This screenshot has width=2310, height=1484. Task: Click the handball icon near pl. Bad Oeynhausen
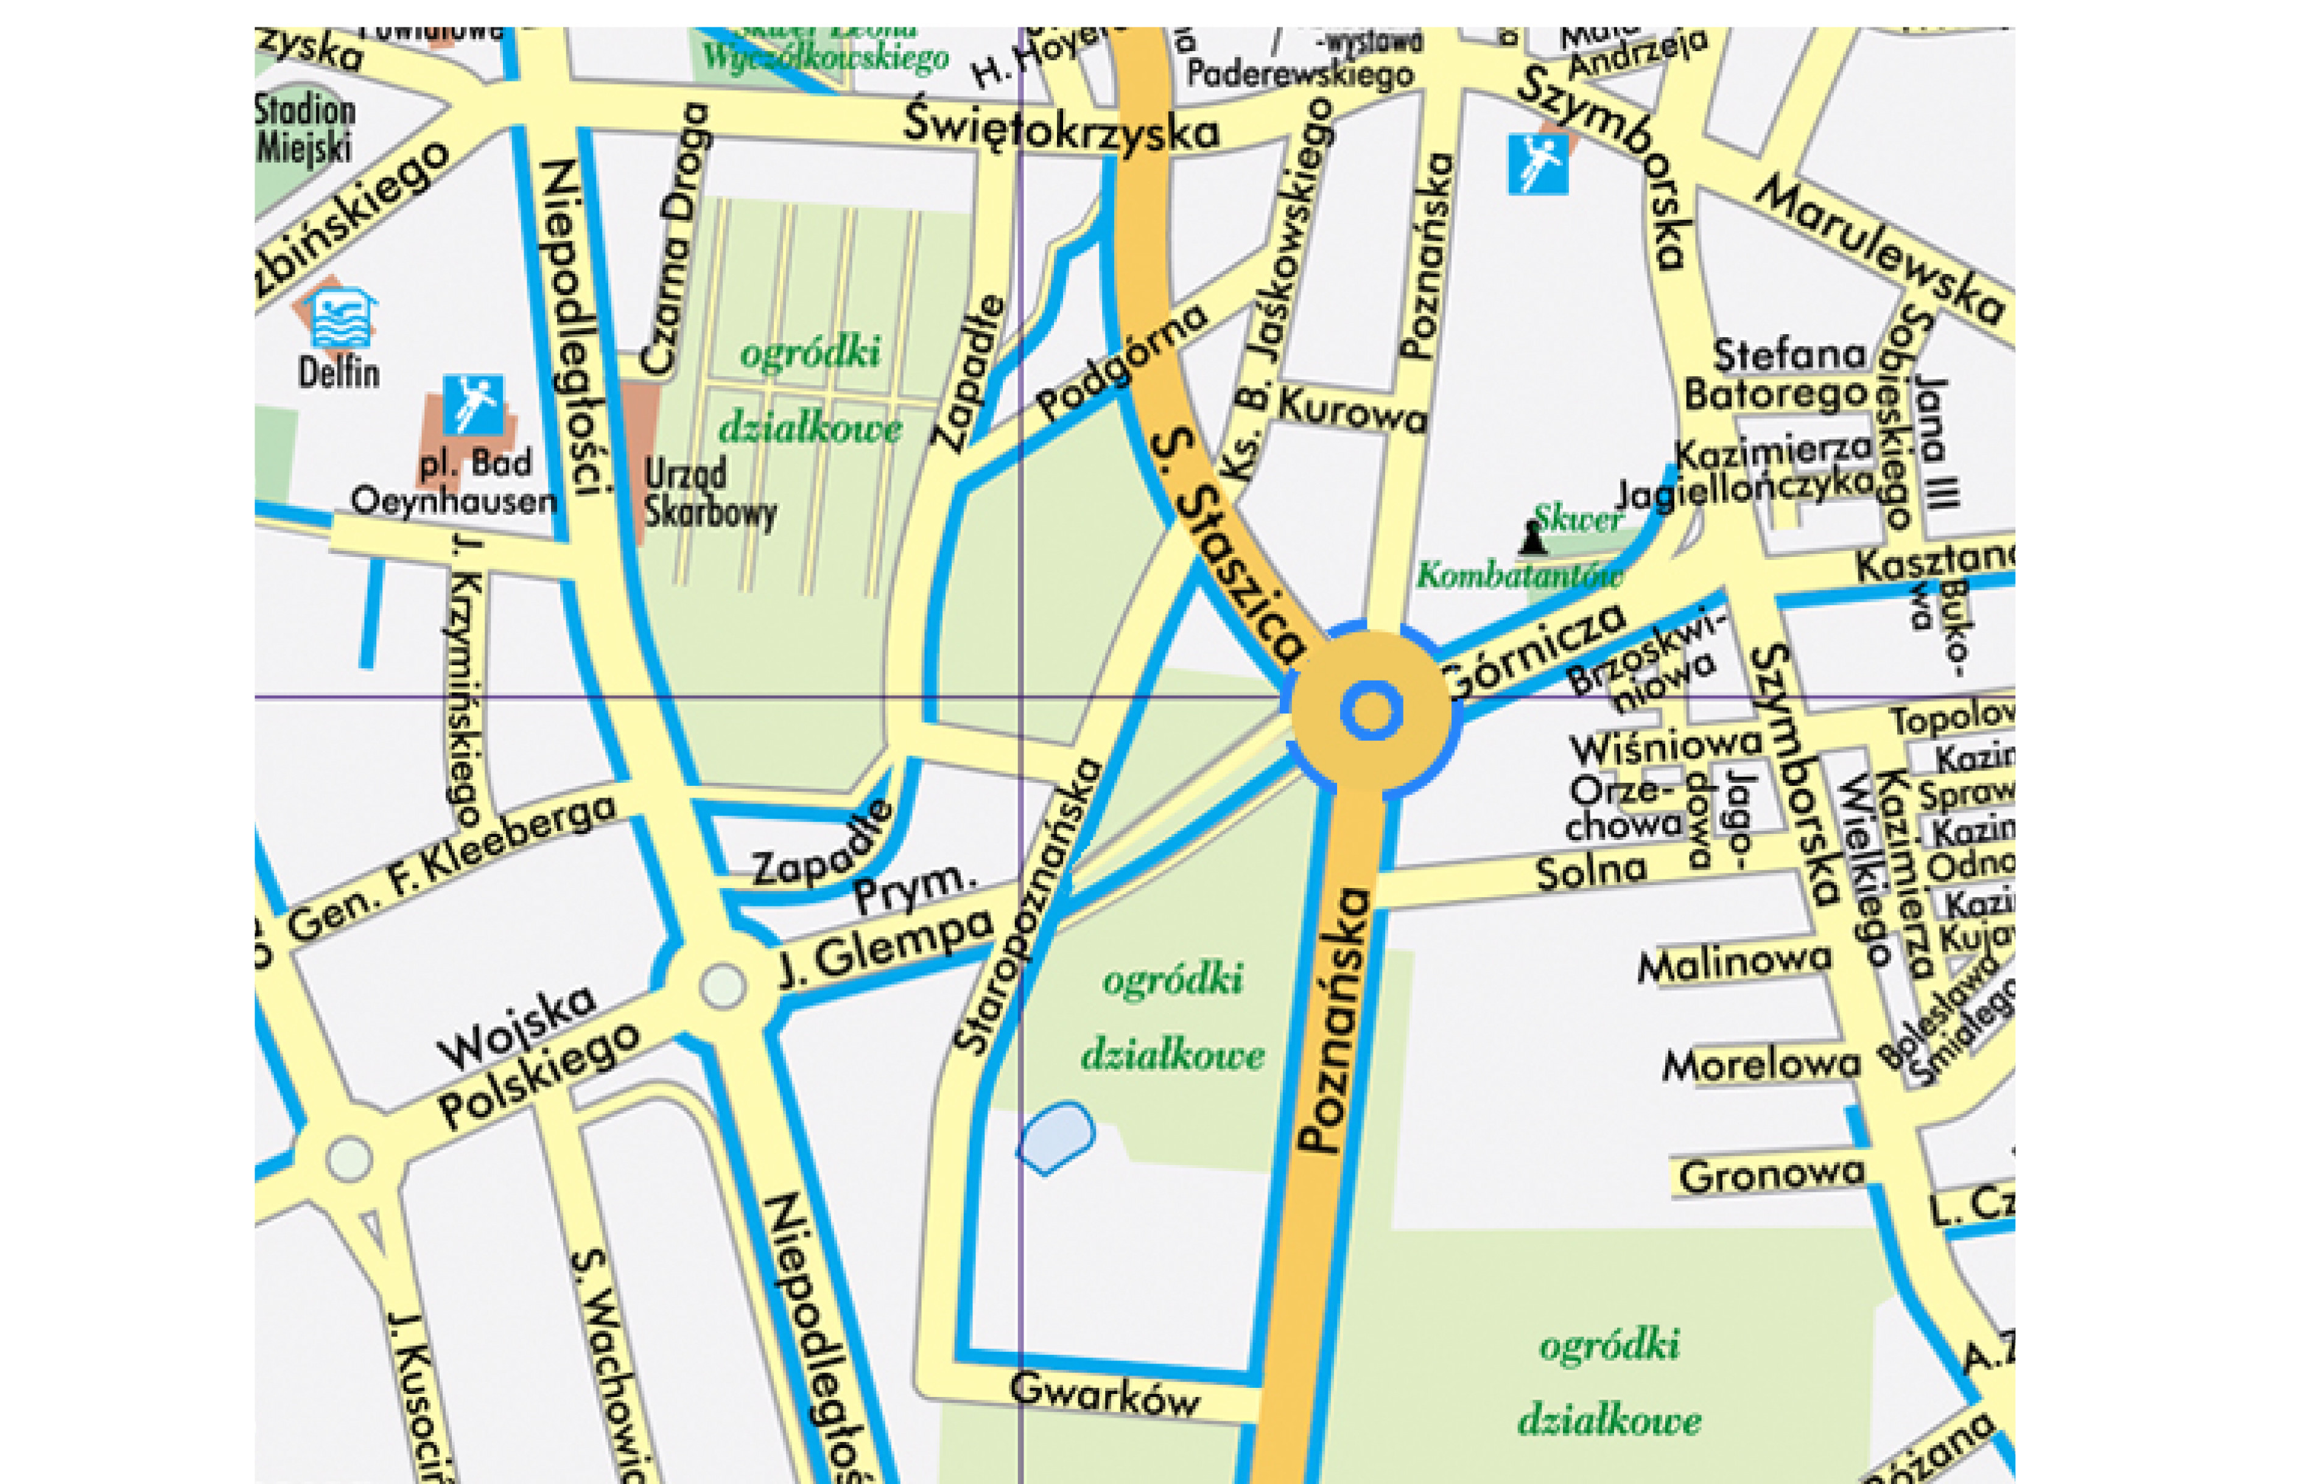tap(472, 405)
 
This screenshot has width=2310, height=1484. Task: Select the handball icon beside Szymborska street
tap(1537, 164)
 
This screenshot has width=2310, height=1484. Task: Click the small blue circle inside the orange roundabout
tap(1371, 711)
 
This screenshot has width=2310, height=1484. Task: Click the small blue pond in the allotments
tap(1057, 1137)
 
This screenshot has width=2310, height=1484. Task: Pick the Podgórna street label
tap(1121, 363)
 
